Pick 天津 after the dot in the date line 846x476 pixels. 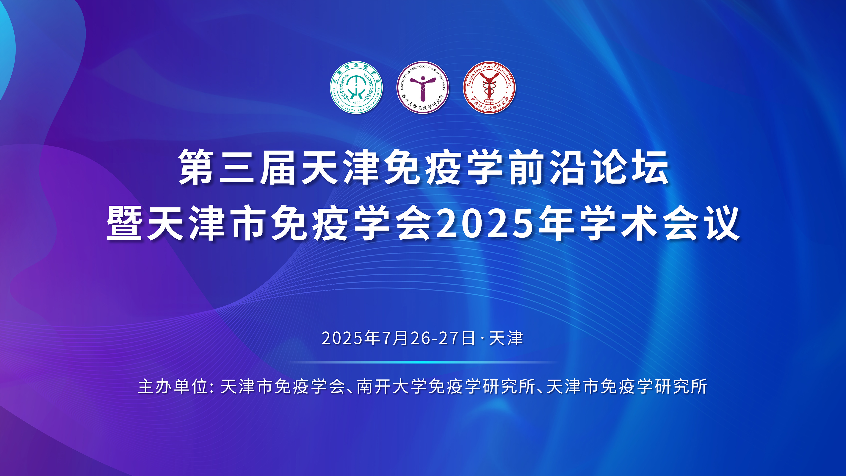pos(506,338)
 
